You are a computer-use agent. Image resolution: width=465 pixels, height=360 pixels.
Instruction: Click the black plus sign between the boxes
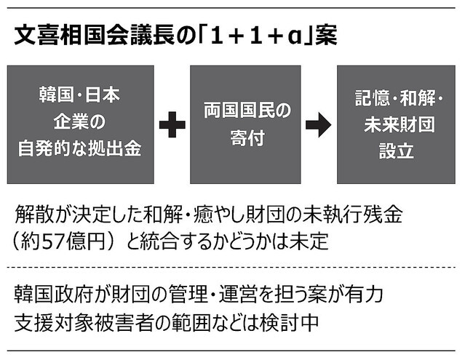click(x=172, y=125)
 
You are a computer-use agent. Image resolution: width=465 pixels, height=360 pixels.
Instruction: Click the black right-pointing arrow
click(x=318, y=125)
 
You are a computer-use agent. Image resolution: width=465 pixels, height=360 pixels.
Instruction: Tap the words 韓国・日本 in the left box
click(x=79, y=95)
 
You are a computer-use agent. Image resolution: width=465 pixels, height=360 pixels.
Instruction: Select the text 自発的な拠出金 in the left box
click(x=79, y=149)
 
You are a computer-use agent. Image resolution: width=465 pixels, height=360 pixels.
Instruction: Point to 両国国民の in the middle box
click(x=247, y=111)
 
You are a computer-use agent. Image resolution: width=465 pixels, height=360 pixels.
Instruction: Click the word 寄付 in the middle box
click(x=247, y=138)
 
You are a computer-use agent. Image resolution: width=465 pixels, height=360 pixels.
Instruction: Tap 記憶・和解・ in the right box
click(x=399, y=98)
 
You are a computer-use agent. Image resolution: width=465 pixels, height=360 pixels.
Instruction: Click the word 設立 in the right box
click(x=396, y=151)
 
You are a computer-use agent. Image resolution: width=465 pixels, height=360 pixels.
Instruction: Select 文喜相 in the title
click(x=49, y=36)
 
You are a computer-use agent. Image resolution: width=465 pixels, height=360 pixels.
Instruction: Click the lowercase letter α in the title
click(x=294, y=37)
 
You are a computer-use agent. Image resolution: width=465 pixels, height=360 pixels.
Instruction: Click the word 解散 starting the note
click(x=34, y=214)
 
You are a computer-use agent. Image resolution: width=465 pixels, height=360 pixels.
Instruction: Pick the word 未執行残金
click(x=352, y=214)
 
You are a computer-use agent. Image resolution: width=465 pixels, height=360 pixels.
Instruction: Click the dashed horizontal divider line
click(x=231, y=268)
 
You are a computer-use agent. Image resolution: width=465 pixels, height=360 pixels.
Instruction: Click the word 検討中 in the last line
click(x=289, y=322)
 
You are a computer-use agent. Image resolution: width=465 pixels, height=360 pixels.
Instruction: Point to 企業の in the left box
click(x=79, y=122)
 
